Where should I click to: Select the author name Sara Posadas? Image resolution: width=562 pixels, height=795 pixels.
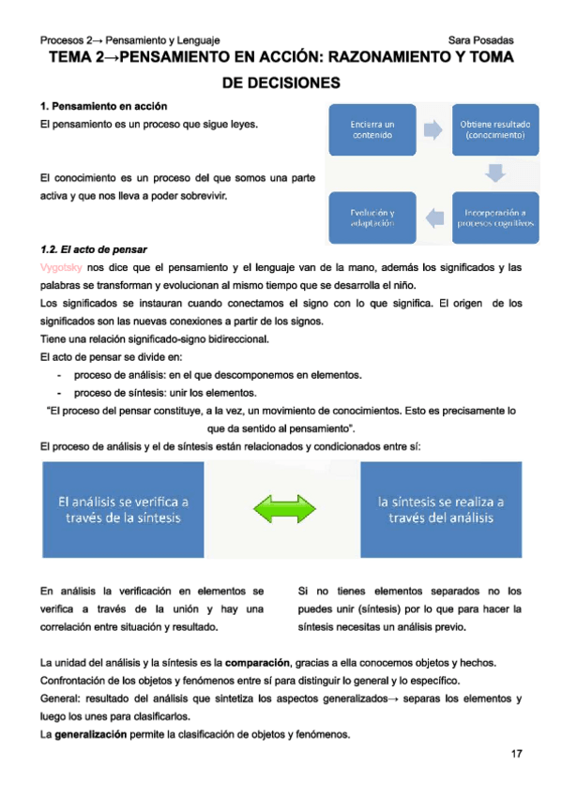click(480, 40)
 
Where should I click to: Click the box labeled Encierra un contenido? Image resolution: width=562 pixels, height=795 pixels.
click(372, 129)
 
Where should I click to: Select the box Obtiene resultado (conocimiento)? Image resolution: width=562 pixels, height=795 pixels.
click(495, 129)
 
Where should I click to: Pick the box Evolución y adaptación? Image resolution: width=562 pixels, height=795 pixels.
click(372, 217)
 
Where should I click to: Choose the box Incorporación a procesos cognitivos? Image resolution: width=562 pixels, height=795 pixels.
click(495, 217)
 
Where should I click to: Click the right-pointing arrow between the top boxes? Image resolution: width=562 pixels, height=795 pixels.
click(433, 129)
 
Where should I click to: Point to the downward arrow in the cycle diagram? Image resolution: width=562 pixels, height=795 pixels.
click(495, 173)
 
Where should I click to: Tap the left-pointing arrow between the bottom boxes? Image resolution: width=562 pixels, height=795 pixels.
click(433, 217)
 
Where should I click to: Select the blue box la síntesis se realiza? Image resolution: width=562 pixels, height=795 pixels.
click(441, 509)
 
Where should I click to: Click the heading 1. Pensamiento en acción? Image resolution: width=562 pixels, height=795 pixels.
click(104, 106)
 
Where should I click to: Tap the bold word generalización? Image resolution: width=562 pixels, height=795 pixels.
click(90, 734)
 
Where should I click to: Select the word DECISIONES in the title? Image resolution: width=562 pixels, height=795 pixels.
click(281, 82)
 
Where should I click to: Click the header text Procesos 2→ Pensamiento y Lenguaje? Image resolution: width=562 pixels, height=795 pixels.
click(130, 40)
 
